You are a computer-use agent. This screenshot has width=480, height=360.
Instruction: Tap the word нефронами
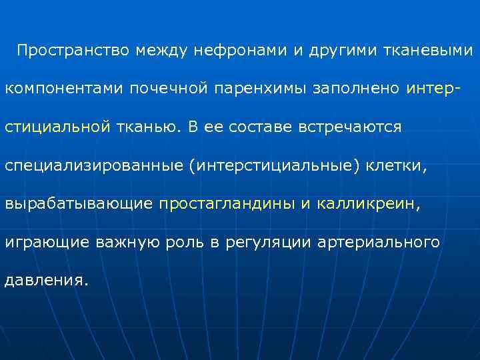[x=251, y=51]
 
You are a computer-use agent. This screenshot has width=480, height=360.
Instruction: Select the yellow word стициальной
[x=57, y=127]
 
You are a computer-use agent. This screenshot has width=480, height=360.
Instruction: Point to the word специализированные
[x=93, y=165]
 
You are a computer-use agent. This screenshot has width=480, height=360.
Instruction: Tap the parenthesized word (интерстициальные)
[x=274, y=165]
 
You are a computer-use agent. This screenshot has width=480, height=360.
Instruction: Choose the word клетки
[x=397, y=165]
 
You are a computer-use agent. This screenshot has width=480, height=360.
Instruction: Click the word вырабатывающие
[x=79, y=203]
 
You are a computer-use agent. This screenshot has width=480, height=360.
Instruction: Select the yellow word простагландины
[x=227, y=203]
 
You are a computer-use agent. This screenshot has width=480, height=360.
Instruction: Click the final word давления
[x=46, y=279]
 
